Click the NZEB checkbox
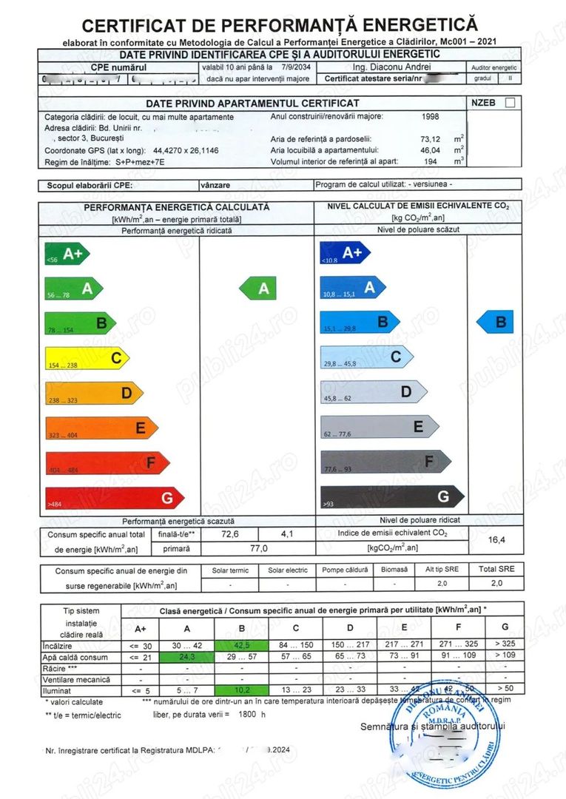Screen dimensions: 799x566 510,103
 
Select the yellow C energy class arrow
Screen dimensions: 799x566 86,360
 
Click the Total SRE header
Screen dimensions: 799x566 496,570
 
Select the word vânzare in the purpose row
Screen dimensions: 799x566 215,184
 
